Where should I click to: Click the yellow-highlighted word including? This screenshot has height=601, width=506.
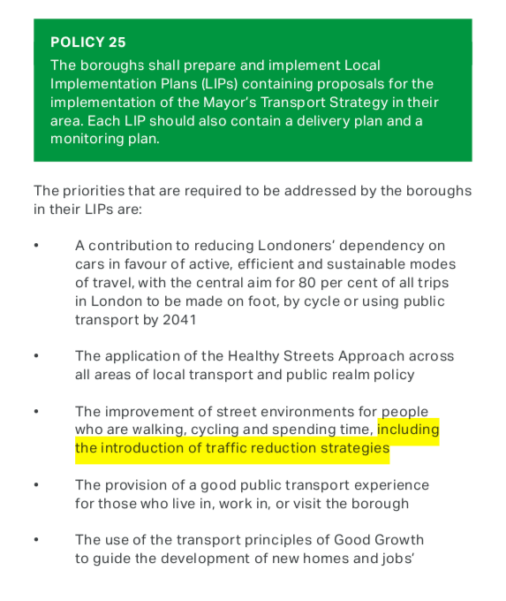point(408,430)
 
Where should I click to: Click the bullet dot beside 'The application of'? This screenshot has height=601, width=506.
point(37,356)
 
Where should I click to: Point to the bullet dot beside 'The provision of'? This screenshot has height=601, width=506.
point(37,485)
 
